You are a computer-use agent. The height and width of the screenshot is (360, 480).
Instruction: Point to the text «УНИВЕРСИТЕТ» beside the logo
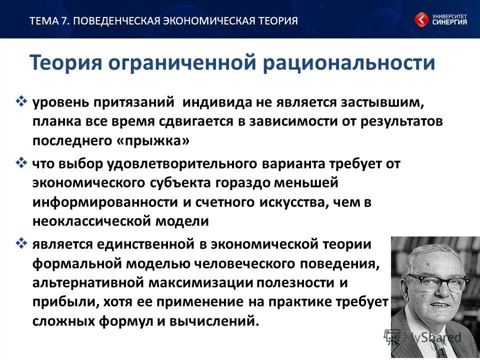pyautogui.click(x=449, y=16)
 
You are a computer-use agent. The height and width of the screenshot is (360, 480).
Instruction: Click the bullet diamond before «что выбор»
pyautogui.click(x=21, y=163)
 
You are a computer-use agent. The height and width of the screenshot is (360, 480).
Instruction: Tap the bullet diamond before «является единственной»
pyautogui.click(x=21, y=243)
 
